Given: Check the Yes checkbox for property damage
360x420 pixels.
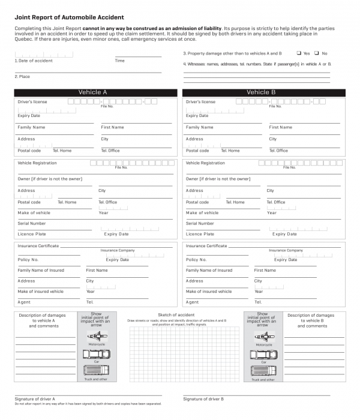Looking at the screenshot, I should pyautogui.click(x=299, y=53).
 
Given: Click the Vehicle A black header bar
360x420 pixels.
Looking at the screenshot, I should pyautogui.click(x=96, y=92).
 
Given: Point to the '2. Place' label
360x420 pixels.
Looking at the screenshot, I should pyautogui.click(x=22, y=77).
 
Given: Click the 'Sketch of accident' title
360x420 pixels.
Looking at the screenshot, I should pyautogui.click(x=176, y=315).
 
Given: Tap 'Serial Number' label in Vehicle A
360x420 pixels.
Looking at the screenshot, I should pyautogui.click(x=32, y=223).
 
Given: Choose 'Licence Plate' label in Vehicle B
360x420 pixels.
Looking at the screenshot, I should pyautogui.click(x=200, y=234).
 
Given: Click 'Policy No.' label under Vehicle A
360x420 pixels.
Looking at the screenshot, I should pyautogui.click(x=28, y=260).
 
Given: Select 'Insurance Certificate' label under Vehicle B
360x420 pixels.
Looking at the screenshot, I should pyautogui.click(x=206, y=246).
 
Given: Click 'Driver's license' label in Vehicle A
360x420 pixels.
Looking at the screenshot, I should pyautogui.click(x=32, y=102).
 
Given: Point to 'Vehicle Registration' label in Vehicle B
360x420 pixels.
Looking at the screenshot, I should pyautogui.click(x=205, y=163).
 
